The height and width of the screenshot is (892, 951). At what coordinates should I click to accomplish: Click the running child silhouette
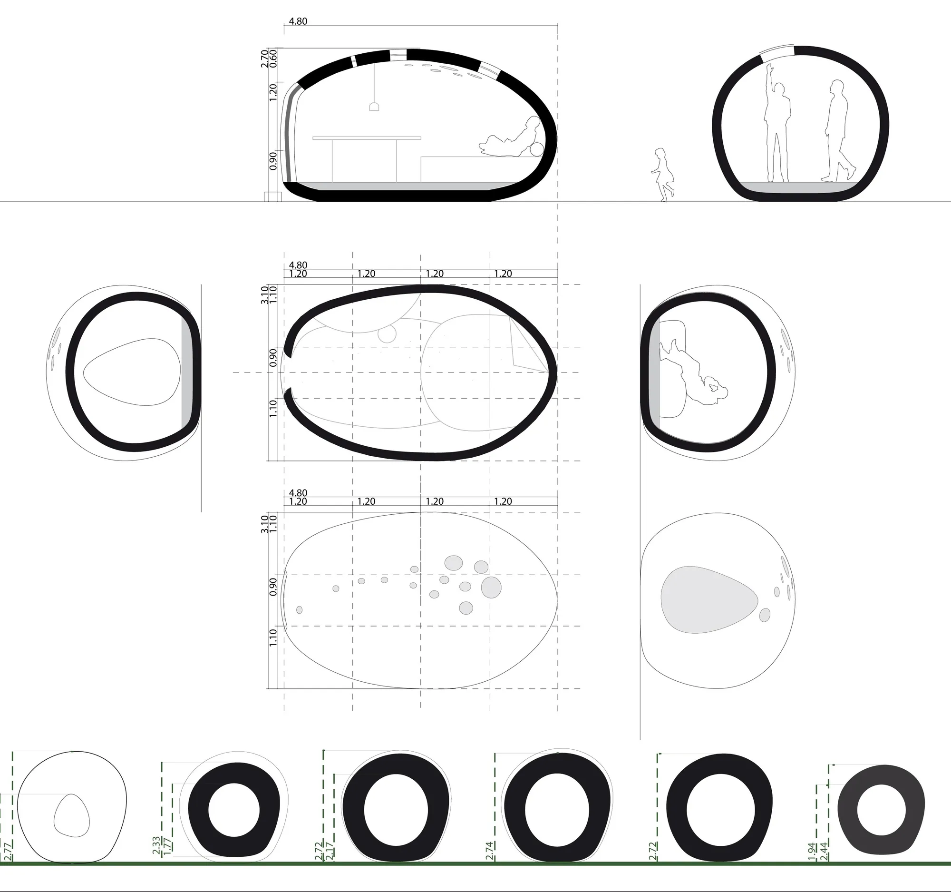coord(662,175)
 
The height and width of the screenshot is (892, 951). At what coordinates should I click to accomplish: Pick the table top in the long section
coord(367,138)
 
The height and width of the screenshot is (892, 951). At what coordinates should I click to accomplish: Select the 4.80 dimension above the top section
coord(299,21)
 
